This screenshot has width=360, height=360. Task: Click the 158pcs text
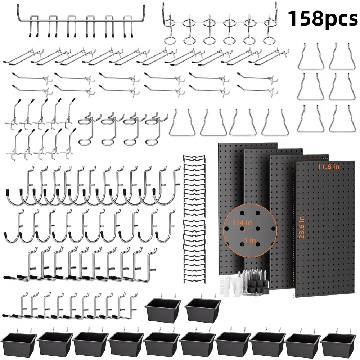323,19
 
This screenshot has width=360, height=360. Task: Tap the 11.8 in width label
328,167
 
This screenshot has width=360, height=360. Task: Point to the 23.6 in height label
302,227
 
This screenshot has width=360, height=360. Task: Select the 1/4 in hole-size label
242,223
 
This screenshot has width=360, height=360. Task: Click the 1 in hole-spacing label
250,240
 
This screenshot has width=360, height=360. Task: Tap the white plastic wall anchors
230,286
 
